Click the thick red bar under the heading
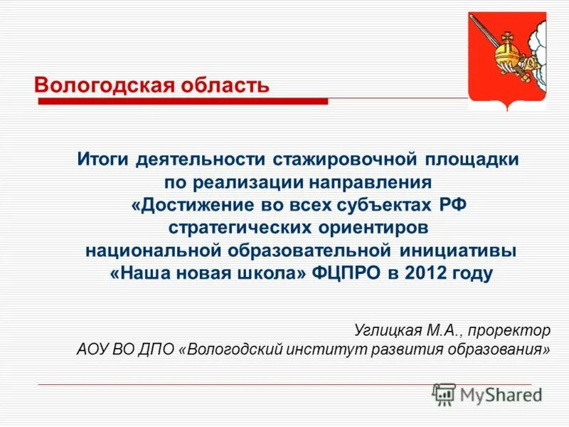[183, 102]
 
